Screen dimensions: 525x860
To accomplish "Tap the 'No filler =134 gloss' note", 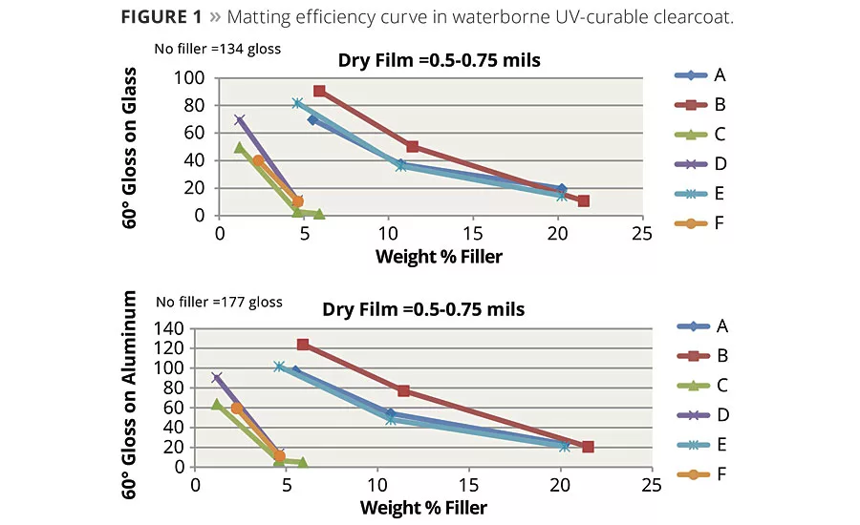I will tap(218, 49).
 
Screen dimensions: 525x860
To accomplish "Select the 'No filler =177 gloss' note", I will tap(220, 302).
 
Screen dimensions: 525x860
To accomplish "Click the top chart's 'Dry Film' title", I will tap(439, 60).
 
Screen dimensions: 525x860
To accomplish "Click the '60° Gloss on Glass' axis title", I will tap(132, 148).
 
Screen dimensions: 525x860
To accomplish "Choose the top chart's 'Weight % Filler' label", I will tap(439, 256).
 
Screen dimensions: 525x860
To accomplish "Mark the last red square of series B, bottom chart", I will tap(588, 447).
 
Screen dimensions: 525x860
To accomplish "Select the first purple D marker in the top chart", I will tap(240, 120).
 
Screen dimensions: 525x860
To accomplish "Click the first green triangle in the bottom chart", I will tap(217, 405).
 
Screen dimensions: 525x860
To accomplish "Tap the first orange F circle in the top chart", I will tap(259, 160).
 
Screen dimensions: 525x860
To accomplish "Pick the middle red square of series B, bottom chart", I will tap(403, 390).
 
